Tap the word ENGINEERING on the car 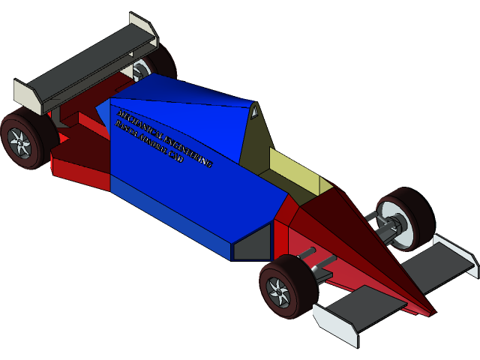pos(184,151)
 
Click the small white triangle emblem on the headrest pos(254,112)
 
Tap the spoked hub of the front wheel pos(279,291)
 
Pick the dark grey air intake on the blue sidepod pos(252,244)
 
